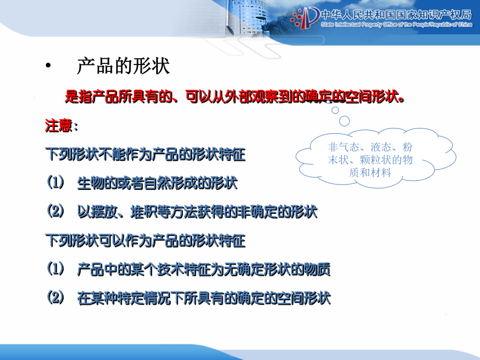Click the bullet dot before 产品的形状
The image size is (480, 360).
point(48,65)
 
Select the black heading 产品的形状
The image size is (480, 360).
point(123,66)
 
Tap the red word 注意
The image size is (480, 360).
point(59,125)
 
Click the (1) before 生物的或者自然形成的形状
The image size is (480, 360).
point(55,182)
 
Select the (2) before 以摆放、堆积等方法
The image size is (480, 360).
point(55,211)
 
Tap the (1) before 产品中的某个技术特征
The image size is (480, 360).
point(55,269)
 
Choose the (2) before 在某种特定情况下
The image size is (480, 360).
point(55,298)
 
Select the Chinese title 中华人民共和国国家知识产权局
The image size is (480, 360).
point(396,14)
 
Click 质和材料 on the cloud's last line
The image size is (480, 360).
point(370,173)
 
